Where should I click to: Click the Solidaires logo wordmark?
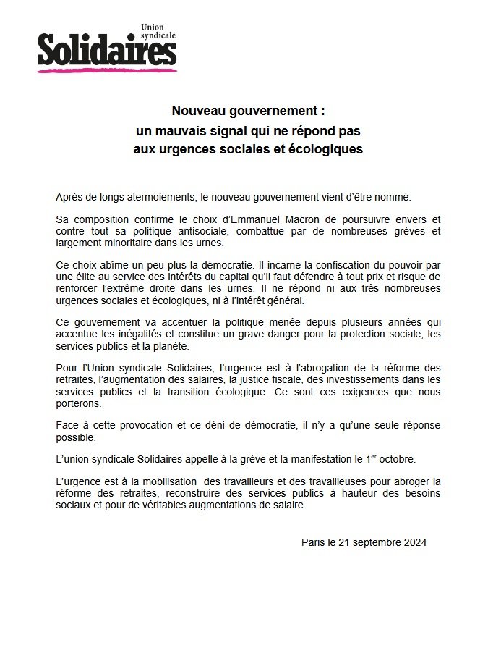pyautogui.click(x=107, y=51)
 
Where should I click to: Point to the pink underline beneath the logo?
pyautogui.click(x=107, y=70)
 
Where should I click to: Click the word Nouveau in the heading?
pyautogui.click(x=200, y=111)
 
